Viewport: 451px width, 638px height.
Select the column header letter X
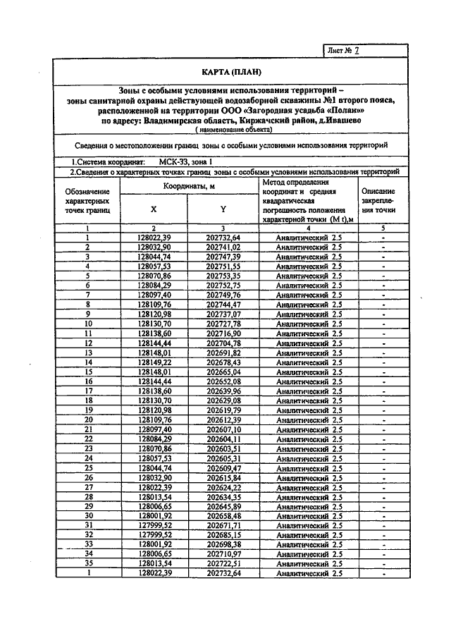pos(154,209)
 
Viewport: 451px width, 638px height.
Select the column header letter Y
pos(223,209)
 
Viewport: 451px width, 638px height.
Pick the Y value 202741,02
pos(223,247)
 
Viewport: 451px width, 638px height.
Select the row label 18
pos(87,399)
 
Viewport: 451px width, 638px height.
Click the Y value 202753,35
pos(223,276)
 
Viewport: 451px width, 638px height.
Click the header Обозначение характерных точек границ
pos(87,200)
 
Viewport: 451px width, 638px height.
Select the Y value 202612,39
pos(223,418)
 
